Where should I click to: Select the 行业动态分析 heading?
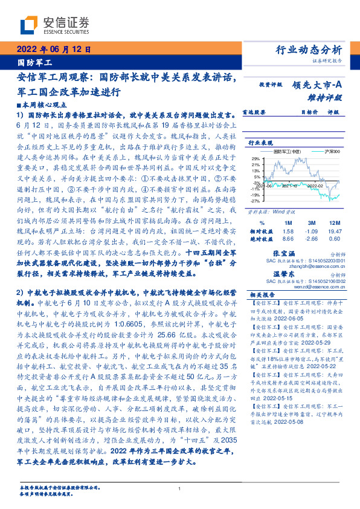tap(308, 50)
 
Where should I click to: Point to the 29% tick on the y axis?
tap(256, 158)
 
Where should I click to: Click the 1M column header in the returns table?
tap(288, 206)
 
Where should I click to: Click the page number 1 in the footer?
tap(180, 489)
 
